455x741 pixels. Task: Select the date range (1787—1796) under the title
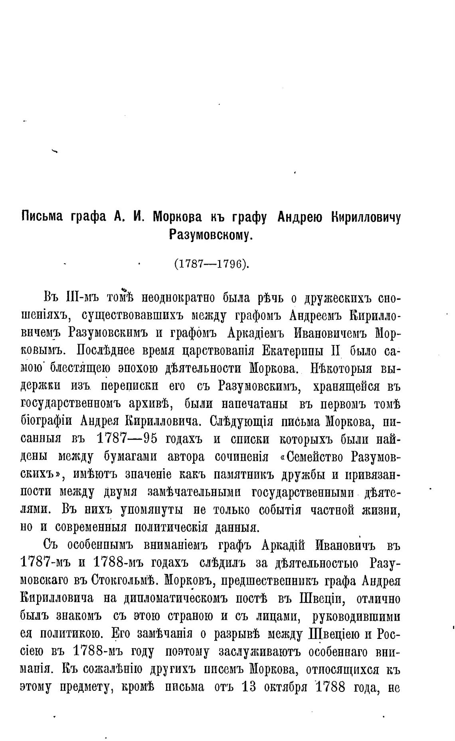211,264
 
